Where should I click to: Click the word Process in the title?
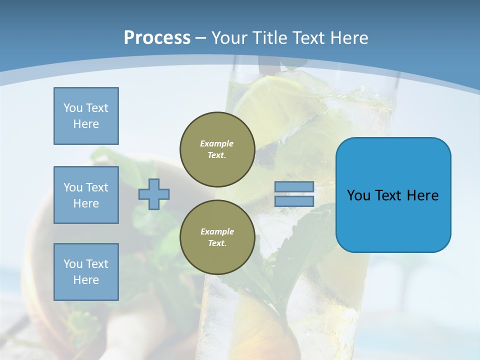click(157, 37)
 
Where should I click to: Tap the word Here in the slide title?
click(348, 37)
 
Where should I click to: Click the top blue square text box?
click(86, 116)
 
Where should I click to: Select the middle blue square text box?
click(86, 195)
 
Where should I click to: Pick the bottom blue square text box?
click(86, 272)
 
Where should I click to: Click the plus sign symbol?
click(154, 194)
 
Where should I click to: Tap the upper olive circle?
click(217, 149)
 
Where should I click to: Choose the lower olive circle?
click(217, 237)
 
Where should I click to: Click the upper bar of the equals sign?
click(294, 187)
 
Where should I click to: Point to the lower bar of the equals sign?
click(294, 201)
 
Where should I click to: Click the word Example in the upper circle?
click(217, 143)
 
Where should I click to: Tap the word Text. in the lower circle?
click(217, 243)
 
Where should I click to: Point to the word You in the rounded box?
click(358, 195)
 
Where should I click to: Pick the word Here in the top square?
click(86, 124)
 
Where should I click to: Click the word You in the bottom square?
click(73, 264)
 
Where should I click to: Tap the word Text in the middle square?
click(97, 187)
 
